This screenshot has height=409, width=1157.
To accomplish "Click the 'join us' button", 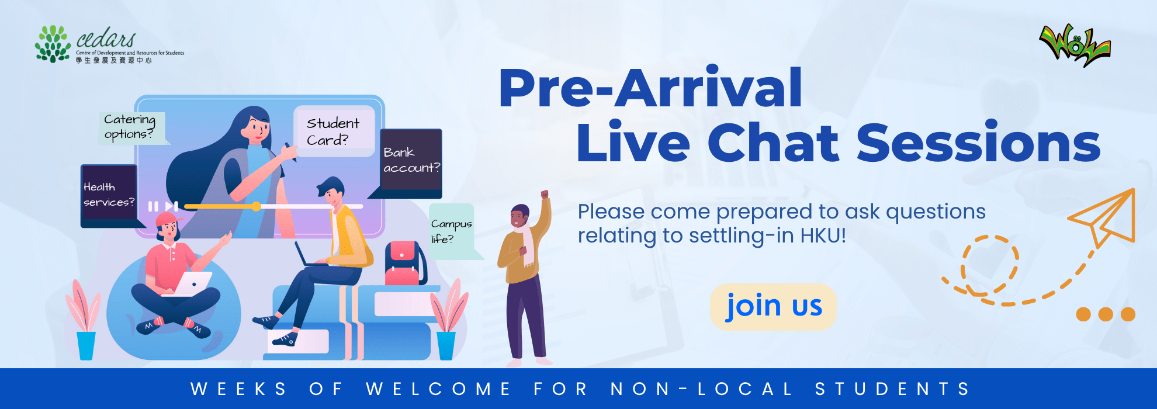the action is tap(773, 307).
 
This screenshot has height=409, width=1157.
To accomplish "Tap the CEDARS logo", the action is tap(109, 44).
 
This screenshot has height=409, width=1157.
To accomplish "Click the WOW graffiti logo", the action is tap(1075, 44).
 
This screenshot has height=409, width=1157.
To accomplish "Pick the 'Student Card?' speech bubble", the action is tap(334, 131).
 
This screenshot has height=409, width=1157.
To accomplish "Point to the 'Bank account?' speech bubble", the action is tap(410, 162).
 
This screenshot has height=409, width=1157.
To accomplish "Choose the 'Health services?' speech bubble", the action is tap(109, 195).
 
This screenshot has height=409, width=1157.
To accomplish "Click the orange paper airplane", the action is tap(1102, 217).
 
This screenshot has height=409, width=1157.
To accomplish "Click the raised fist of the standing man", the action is tap(545, 194).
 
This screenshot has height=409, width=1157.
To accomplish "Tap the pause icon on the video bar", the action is tap(153, 206).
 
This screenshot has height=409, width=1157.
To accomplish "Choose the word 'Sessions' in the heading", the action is tap(979, 143).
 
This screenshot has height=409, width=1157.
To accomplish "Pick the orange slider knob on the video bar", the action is tap(257, 206).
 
